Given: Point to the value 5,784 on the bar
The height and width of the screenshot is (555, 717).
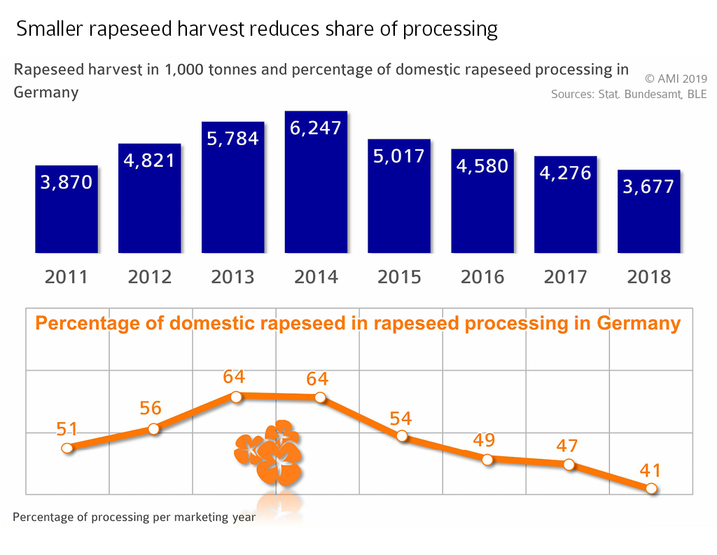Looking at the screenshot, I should (x=233, y=138).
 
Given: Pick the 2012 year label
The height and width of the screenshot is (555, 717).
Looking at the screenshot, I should (x=150, y=277).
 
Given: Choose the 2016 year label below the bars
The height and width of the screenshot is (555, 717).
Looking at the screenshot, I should (x=482, y=277).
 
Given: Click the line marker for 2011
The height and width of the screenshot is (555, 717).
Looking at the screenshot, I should (x=67, y=448).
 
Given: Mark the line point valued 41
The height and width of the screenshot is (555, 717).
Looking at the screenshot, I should (x=652, y=488).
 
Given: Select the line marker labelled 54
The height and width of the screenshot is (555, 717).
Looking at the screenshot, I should (x=402, y=436).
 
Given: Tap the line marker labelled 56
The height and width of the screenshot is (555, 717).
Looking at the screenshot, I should (x=155, y=429).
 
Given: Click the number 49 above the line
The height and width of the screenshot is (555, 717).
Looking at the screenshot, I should (x=484, y=440).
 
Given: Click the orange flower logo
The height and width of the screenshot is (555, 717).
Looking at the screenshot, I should (x=269, y=452).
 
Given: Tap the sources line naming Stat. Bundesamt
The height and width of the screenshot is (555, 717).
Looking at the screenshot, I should (x=629, y=95).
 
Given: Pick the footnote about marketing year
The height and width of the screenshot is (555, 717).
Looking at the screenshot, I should (x=134, y=518).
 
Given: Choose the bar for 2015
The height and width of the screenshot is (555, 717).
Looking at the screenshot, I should (x=399, y=196).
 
